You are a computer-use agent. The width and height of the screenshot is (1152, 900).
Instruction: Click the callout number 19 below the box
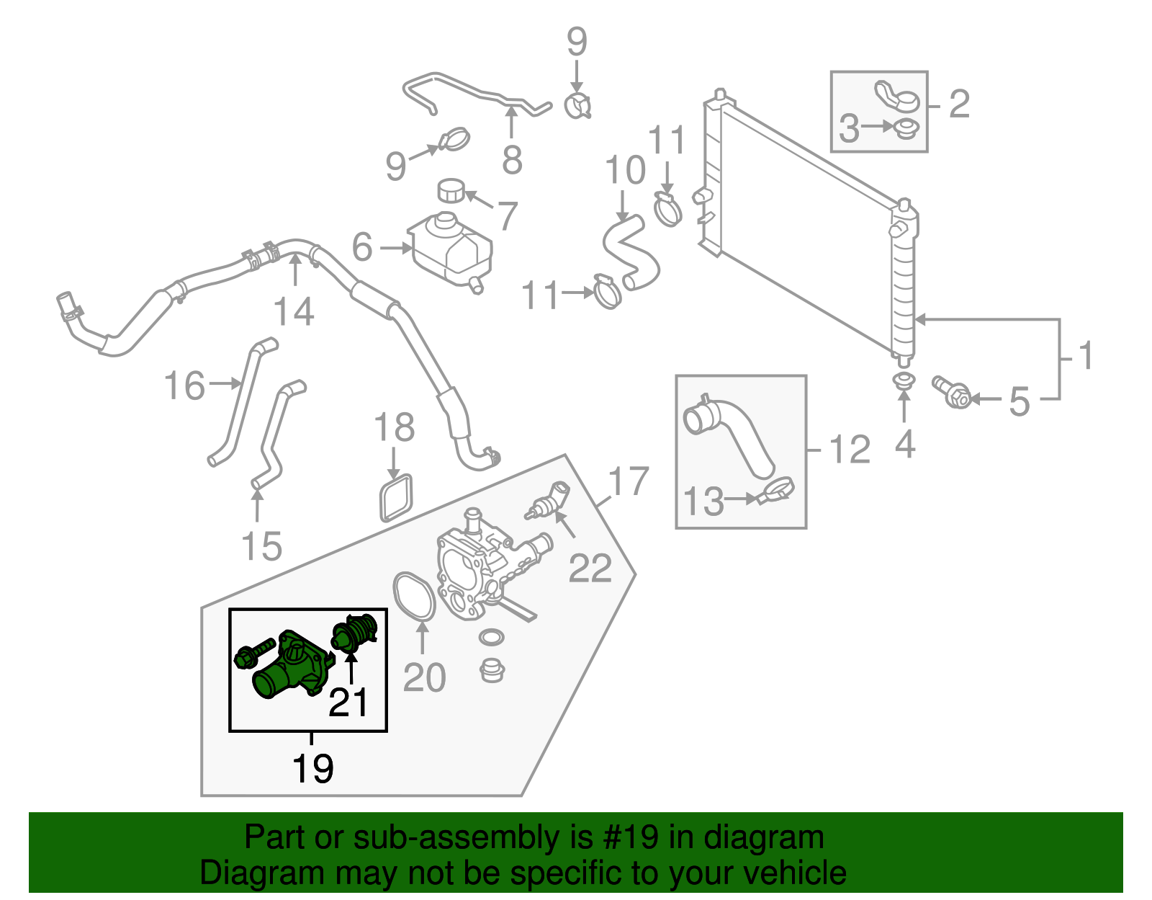pyautogui.click(x=312, y=769)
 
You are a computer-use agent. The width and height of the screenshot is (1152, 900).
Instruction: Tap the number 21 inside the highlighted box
pyautogui.click(x=348, y=702)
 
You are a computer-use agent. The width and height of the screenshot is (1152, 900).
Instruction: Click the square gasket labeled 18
pyautogui.click(x=396, y=497)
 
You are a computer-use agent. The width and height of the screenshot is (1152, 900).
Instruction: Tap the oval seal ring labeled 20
pyautogui.click(x=414, y=595)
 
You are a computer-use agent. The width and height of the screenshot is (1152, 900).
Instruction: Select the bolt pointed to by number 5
pyautogui.click(x=950, y=392)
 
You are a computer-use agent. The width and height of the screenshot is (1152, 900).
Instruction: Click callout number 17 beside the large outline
pyautogui.click(x=629, y=481)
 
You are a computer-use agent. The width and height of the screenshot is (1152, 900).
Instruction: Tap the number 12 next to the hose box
pyautogui.click(x=850, y=450)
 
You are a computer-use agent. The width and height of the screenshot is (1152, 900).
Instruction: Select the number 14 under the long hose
pyautogui.click(x=294, y=312)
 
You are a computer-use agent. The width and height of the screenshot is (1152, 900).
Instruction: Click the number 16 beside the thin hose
pyautogui.click(x=184, y=386)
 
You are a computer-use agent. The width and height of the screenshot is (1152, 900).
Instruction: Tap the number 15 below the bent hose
pyautogui.click(x=261, y=545)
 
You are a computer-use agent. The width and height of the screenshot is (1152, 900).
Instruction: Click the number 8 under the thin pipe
pyautogui.click(x=512, y=160)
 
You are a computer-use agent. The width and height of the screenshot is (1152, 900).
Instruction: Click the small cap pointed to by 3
pyautogui.click(x=906, y=130)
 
